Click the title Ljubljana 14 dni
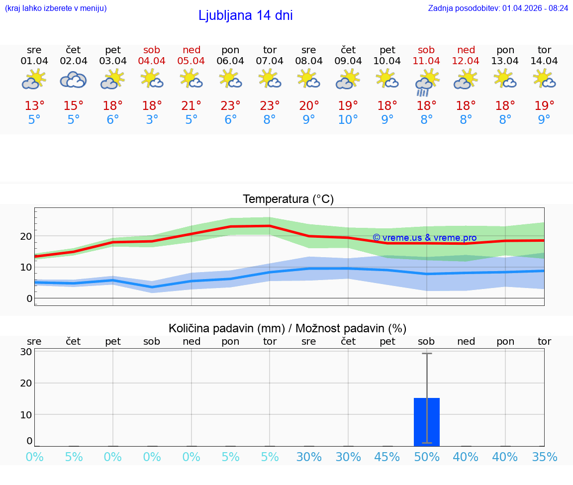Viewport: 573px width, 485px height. click(x=245, y=15)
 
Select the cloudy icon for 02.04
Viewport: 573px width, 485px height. click(x=73, y=80)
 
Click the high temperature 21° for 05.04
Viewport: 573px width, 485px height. click(x=191, y=106)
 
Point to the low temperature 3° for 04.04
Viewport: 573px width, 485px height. click(x=152, y=120)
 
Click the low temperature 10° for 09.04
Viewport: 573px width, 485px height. click(x=348, y=120)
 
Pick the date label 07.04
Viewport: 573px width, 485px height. click(x=270, y=61)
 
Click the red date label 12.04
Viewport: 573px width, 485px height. click(x=466, y=61)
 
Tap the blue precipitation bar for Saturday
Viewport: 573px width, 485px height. click(x=426, y=421)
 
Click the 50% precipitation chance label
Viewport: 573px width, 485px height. click(x=426, y=457)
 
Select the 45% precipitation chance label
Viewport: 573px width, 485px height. click(x=387, y=457)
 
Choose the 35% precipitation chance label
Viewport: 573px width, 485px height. click(x=544, y=457)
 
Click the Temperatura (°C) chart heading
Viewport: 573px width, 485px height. click(x=288, y=199)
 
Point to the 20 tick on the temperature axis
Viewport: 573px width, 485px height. click(x=26, y=236)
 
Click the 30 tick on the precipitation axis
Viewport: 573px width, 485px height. click(x=26, y=352)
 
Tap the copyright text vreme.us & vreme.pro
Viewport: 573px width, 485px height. click(x=424, y=238)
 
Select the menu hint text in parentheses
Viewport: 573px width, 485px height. click(x=56, y=8)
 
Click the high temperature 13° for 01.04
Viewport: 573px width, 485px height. click(x=34, y=106)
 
